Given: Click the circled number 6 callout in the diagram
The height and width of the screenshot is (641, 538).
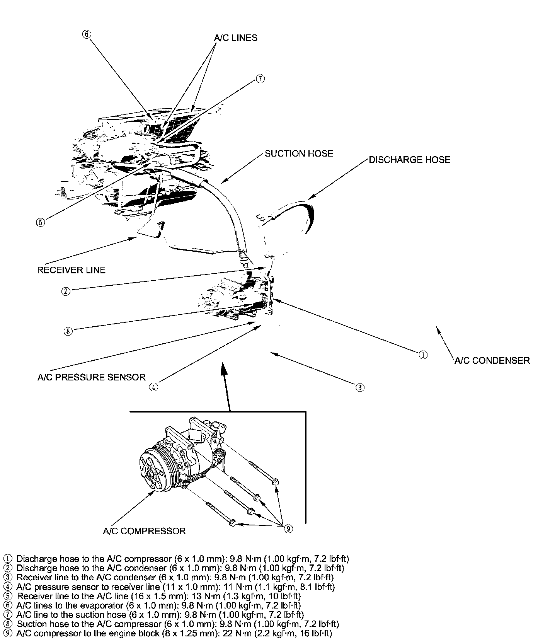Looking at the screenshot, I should (87, 34).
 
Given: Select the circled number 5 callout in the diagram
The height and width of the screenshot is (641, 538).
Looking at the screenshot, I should (41, 222).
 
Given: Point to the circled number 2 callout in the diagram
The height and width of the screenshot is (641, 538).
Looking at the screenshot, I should (66, 291).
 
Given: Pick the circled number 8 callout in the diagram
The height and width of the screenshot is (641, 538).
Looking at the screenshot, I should (68, 331).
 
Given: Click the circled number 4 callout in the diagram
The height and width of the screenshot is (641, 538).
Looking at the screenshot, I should (154, 387).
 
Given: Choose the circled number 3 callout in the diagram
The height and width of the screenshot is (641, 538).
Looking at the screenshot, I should (359, 387).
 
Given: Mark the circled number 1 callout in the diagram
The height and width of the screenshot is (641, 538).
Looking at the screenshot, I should (423, 355).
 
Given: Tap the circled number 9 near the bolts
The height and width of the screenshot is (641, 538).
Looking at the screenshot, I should (288, 528).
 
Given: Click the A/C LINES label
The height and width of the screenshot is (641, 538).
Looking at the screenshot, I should (235, 38).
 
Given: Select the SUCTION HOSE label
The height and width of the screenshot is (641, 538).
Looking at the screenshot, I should (299, 153).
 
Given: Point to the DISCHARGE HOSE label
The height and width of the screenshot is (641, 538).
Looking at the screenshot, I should (409, 160).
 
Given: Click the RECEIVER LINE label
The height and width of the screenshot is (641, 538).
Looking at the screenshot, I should (71, 270).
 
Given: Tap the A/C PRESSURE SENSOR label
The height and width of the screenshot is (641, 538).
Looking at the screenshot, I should (91, 377).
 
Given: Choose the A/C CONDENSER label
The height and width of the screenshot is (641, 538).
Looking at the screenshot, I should (492, 361).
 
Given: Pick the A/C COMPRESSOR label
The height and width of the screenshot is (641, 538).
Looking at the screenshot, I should (144, 531).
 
